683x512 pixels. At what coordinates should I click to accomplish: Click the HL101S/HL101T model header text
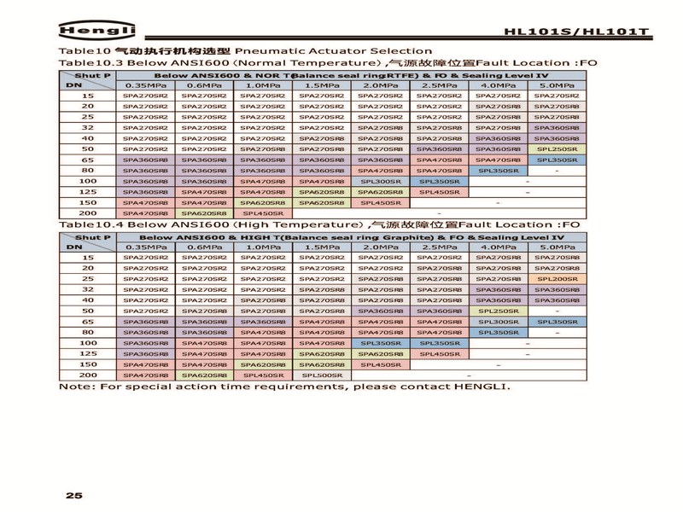click(x=576, y=32)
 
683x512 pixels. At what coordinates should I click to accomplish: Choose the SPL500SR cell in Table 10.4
click(x=323, y=375)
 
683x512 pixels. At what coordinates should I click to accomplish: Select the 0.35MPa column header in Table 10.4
click(x=146, y=247)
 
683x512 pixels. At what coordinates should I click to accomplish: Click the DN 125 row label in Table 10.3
click(x=88, y=192)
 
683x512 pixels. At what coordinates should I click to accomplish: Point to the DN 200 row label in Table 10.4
click(x=88, y=375)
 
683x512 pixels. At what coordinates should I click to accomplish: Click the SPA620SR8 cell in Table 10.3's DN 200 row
click(x=205, y=212)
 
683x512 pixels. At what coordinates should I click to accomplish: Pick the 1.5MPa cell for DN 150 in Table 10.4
click(x=323, y=364)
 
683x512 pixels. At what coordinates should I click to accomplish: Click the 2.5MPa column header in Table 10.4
click(x=441, y=247)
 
